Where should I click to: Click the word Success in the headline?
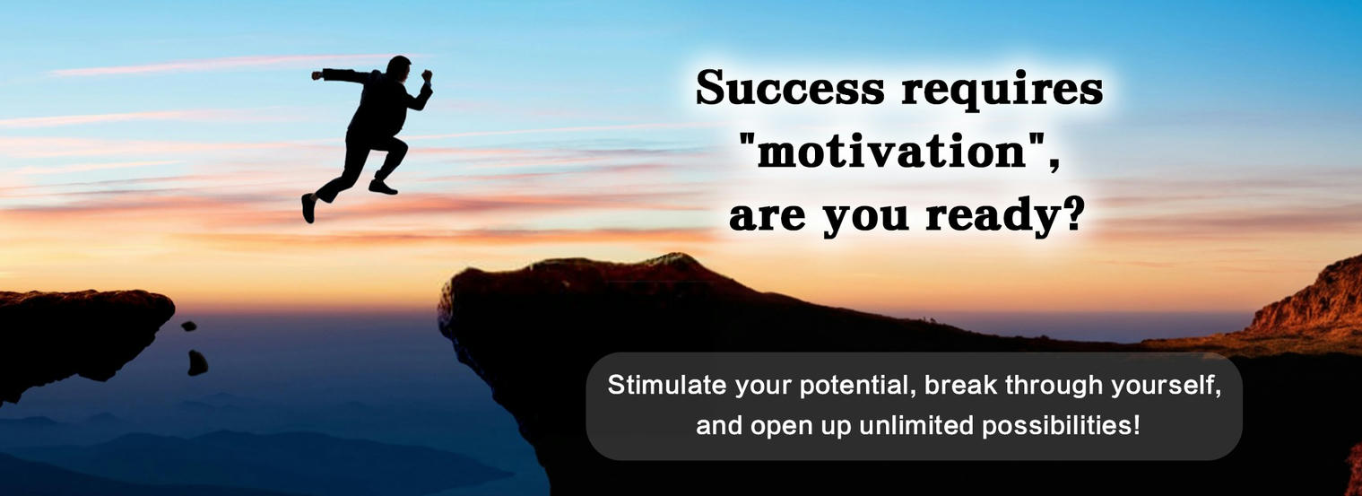click(790, 88)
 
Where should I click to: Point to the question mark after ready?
click(1072, 213)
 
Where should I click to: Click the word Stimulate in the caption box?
click(666, 385)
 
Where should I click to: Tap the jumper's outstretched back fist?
click(317, 75)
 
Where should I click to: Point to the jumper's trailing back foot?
click(308, 207)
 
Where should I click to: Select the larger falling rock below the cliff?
click(197, 362)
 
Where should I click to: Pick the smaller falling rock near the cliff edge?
click(188, 326)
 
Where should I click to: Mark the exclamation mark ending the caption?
click(1136, 425)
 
